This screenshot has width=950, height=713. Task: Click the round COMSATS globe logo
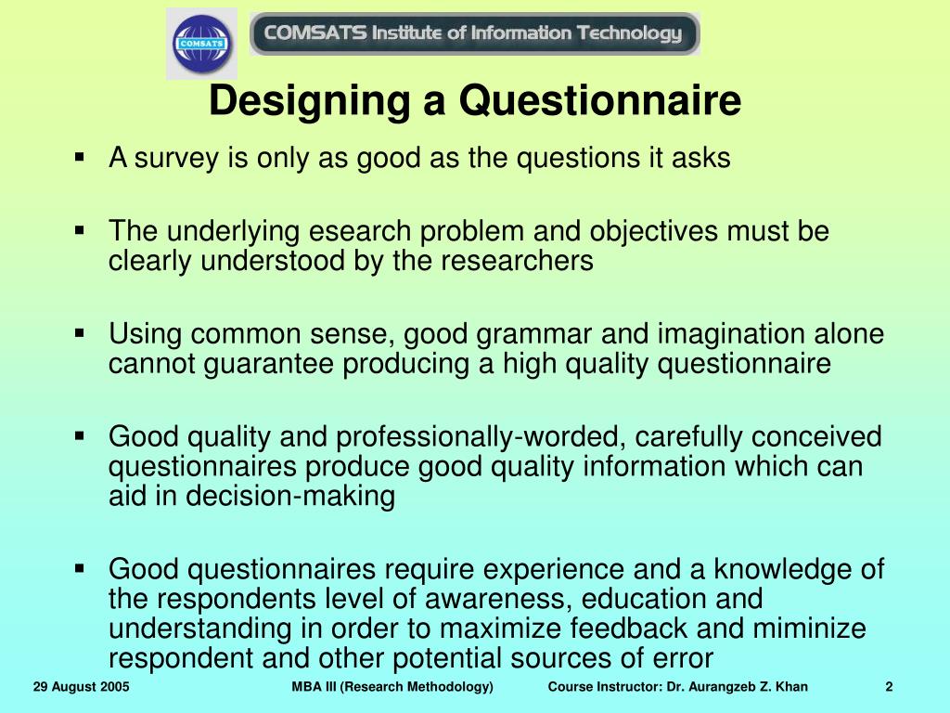[201, 44]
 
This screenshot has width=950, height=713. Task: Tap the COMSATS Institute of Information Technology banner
[474, 34]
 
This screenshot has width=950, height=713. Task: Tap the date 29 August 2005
[81, 687]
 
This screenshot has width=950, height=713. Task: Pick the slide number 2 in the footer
[889, 687]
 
